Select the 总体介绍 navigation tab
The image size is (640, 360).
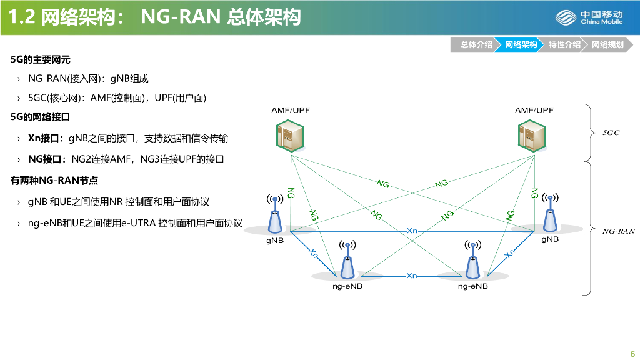pos(476,44)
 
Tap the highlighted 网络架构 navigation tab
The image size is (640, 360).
pos(521,44)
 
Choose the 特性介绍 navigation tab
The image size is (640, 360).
pos(564,44)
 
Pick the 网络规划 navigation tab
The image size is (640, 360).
pos(607,44)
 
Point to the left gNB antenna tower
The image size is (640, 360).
pos(275,216)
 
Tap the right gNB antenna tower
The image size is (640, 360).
pos(550,216)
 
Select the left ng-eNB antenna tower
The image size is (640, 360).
pos(348,261)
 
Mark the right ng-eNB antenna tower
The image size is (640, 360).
pos(472,261)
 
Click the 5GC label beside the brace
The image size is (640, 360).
pos(611,132)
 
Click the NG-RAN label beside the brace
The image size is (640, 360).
pos(618,231)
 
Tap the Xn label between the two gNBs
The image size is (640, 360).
pos(412,231)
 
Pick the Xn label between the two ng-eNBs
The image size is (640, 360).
pos(411,276)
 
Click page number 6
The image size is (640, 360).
pos(632,351)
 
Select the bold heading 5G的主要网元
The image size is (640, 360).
pos(41,60)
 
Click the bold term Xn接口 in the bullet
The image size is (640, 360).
pos(46,137)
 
